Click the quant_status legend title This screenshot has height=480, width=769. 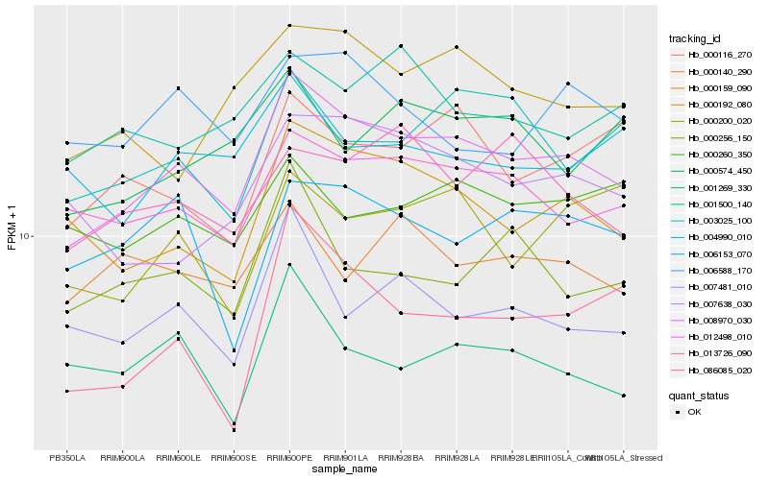[x=699, y=396]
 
